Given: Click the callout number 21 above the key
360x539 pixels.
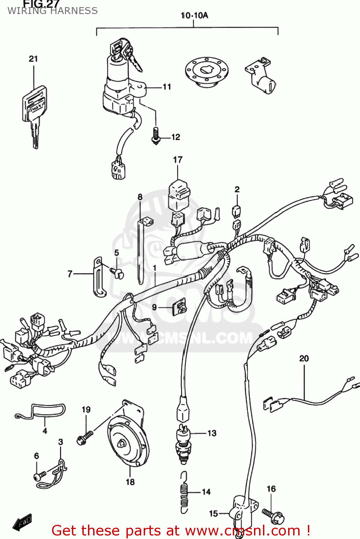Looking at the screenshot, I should (33, 59).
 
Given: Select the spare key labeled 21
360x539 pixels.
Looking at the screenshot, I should (34, 111).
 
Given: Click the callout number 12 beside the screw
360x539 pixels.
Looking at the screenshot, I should (176, 137).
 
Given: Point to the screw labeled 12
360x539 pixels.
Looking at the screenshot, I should (156, 135).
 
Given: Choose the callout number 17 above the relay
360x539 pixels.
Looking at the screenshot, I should (178, 160).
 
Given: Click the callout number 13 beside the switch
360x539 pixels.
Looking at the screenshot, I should (212, 433).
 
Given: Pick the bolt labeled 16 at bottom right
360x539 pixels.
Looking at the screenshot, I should (273, 515).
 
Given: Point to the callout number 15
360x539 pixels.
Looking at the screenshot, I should (213, 513).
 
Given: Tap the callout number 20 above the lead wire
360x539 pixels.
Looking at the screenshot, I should (304, 358).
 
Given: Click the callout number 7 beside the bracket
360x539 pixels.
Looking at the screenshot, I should (70, 274).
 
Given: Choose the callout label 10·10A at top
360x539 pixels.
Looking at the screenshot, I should (194, 15).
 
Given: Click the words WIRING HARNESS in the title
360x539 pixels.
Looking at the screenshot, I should (52, 11).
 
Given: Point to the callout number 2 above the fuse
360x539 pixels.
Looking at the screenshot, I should (237, 189).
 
